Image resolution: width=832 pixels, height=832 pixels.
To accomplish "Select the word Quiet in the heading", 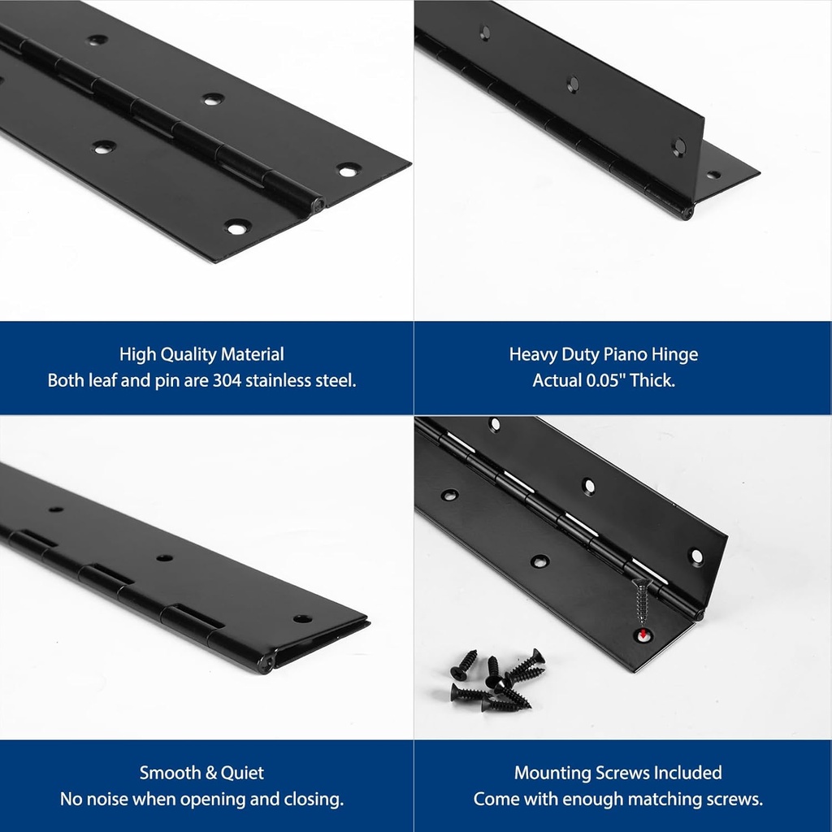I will [243, 773].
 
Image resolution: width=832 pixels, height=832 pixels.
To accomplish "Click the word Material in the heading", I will [253, 354].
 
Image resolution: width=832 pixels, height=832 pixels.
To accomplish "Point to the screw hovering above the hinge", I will [642, 601].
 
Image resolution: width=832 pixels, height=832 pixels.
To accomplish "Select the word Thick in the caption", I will [653, 380].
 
